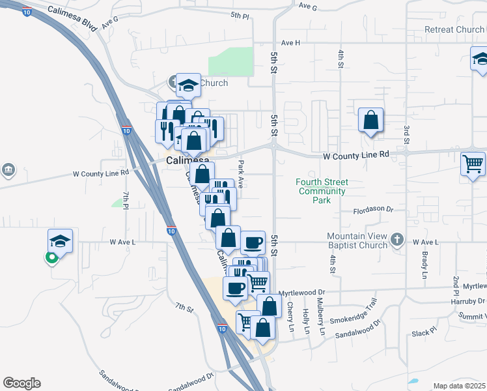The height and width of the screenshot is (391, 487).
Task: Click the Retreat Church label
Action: [454, 30]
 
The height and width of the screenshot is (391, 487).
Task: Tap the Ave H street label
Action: [290, 43]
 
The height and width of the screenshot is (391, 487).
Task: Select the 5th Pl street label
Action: [240, 14]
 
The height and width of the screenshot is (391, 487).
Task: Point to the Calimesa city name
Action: [188, 160]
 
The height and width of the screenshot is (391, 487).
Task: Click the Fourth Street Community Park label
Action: [322, 191]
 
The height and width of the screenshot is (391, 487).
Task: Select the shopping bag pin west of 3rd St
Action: [370, 121]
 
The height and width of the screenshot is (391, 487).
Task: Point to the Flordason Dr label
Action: [374, 210]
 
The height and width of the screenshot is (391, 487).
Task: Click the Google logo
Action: [21, 383]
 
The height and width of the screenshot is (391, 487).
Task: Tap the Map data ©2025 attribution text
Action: [459, 386]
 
